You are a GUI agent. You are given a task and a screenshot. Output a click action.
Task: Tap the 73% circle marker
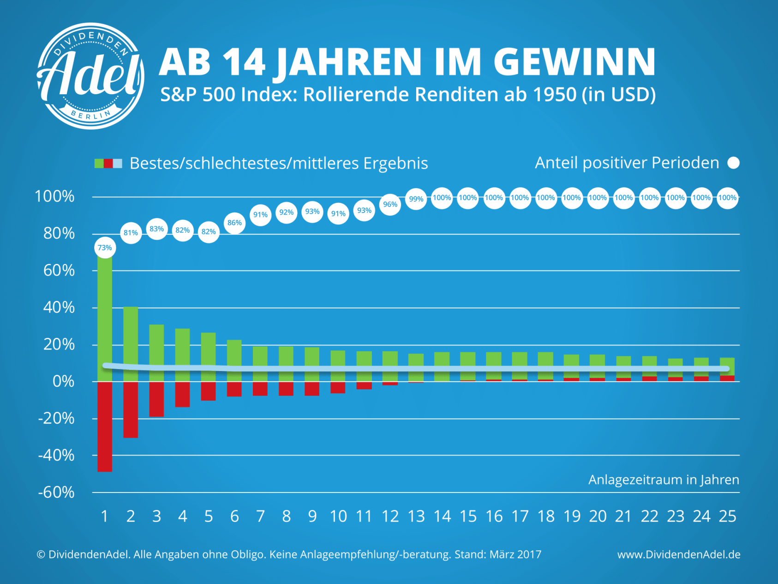coord(105,248)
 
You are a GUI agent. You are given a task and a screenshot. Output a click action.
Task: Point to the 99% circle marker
coord(416,199)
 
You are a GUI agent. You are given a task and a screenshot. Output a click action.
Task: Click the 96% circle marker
coord(390,204)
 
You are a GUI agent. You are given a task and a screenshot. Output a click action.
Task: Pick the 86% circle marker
coord(234,223)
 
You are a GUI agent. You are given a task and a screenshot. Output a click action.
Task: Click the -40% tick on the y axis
coord(56,456)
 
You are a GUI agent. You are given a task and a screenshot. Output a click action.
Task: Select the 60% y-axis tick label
coord(59,270)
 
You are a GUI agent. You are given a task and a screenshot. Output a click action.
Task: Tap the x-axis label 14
coord(442,516)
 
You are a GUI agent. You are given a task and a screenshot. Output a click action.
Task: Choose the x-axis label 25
coord(728,516)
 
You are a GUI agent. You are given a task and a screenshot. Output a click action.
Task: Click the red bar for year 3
coord(156,399)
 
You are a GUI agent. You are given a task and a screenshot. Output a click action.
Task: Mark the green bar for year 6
coord(234,360)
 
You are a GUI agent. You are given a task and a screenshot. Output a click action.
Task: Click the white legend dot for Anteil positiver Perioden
coord(733,163)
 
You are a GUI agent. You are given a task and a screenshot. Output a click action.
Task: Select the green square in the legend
coord(99,163)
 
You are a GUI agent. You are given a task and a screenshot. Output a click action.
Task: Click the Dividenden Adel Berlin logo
coord(90,76)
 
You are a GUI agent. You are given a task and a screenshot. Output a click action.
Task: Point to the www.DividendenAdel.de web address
coord(679,554)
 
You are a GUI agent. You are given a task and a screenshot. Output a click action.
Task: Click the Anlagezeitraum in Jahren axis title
coord(664,480)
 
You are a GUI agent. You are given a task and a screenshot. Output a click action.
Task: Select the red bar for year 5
coord(209,391)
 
